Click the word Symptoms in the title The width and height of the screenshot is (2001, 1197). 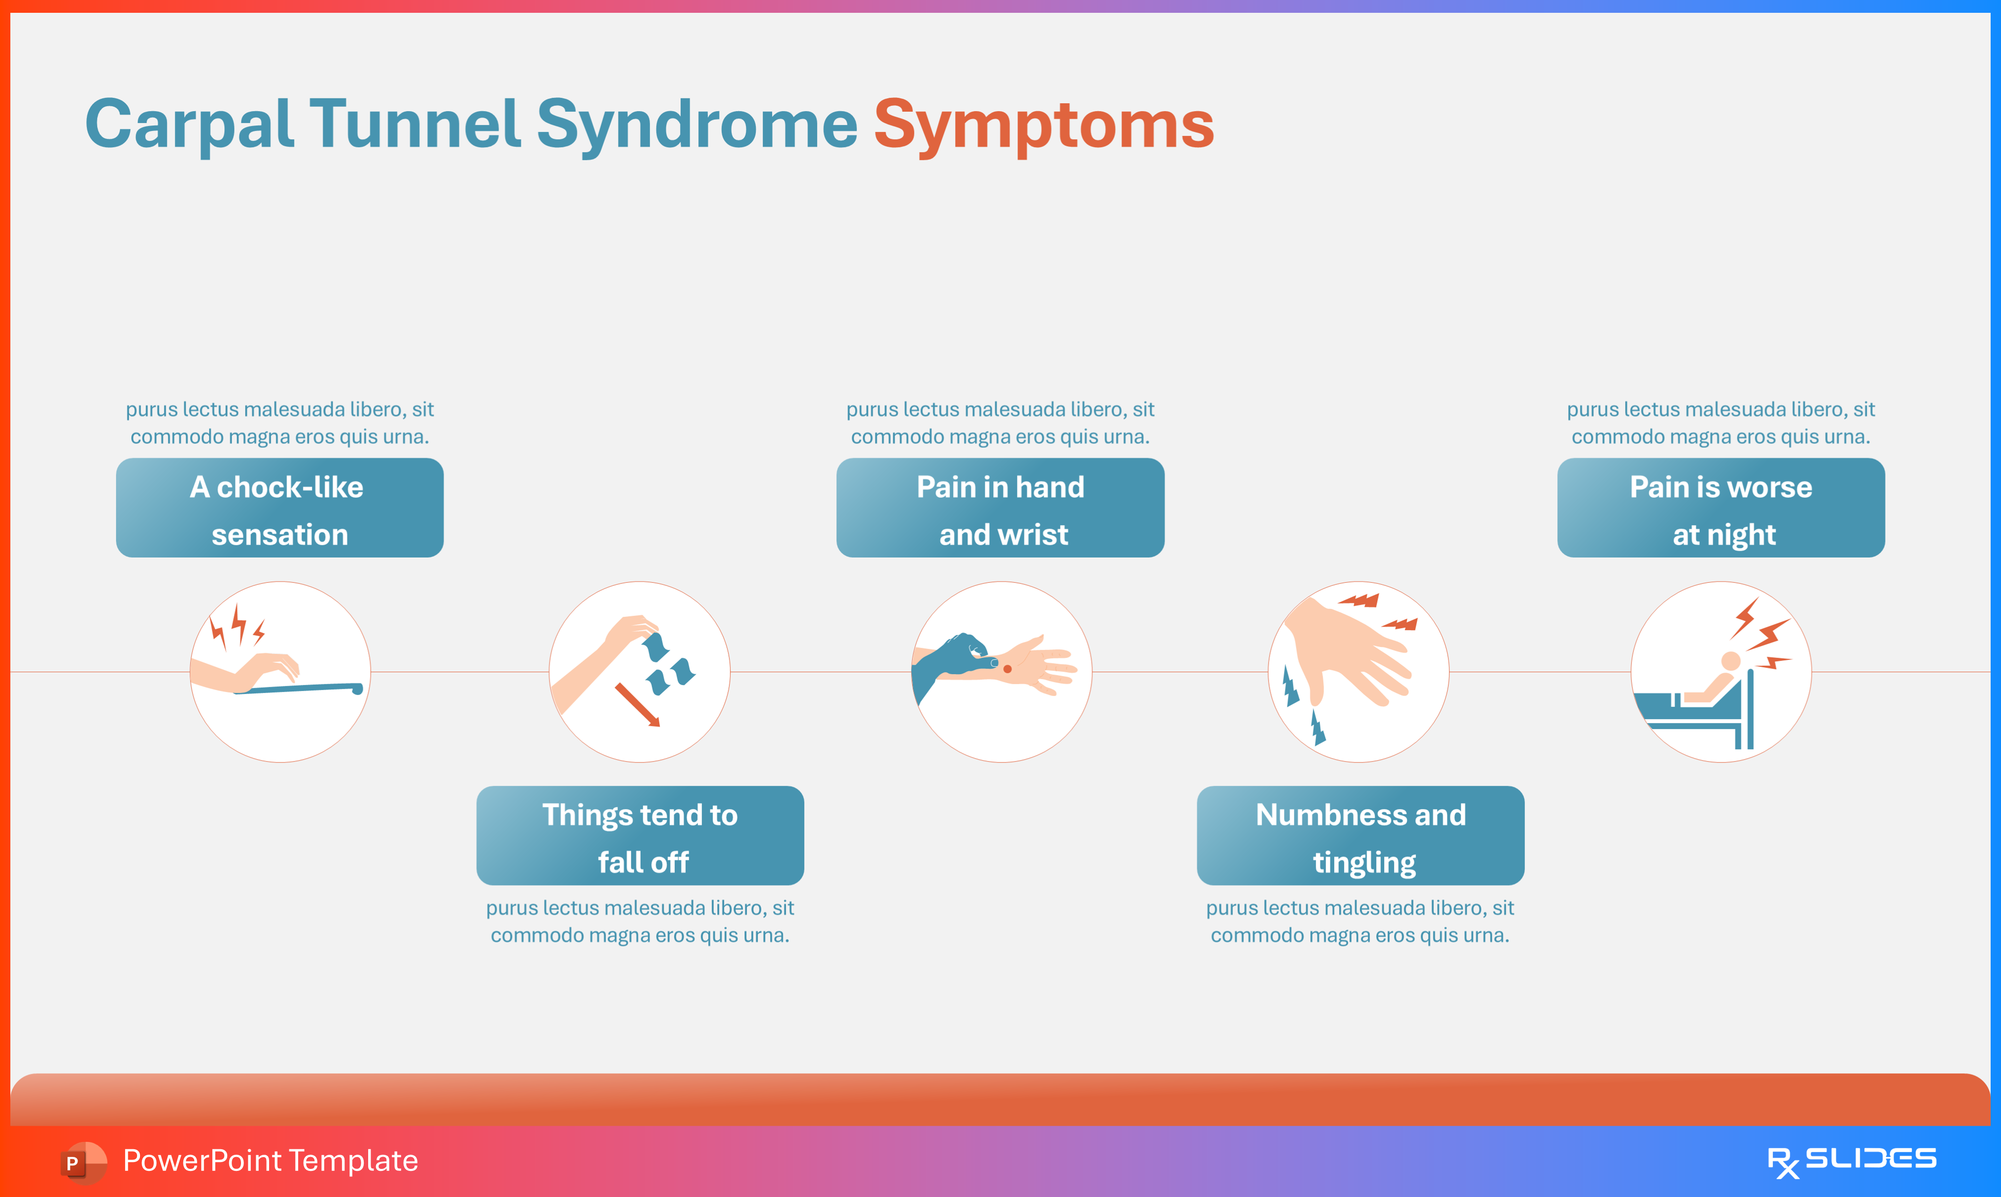pos(1043,125)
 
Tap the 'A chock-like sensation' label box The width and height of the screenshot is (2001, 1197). pos(279,508)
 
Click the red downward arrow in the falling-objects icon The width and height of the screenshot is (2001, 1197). pos(637,704)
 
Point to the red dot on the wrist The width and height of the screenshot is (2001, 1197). pos(1007,668)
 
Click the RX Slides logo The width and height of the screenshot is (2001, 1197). pos(1851,1161)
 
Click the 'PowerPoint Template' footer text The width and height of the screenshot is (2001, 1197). pos(270,1161)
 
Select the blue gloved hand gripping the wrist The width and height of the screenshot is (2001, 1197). pos(952,658)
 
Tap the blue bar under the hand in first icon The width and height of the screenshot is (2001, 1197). pos(299,689)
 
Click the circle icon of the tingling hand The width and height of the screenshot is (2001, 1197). pos(1359,672)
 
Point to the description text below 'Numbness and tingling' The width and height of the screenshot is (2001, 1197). pos(1360,921)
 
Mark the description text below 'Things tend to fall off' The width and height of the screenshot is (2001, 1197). pos(640,921)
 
